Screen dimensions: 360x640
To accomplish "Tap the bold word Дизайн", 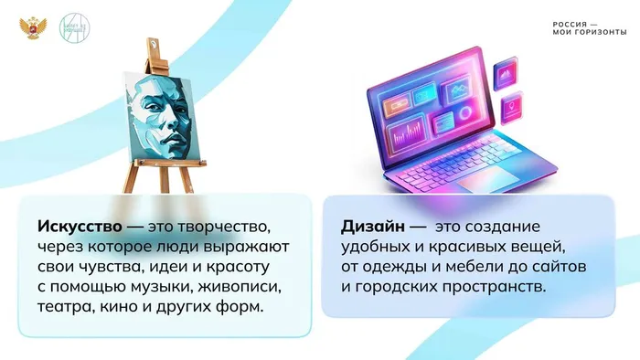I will pos(371,226).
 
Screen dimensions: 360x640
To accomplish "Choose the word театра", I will pos(64,308).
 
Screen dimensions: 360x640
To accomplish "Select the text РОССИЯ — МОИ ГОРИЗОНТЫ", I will pos(589,27).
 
